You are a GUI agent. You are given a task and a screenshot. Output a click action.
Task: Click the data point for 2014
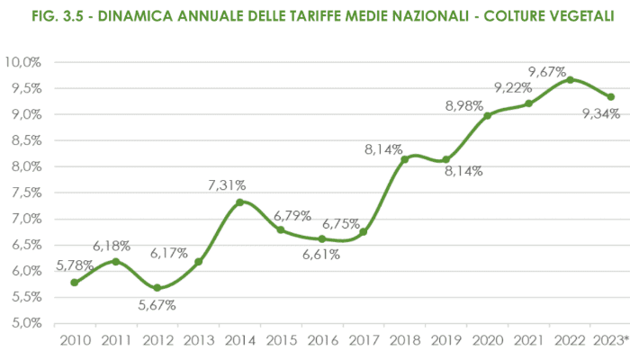click(x=239, y=202)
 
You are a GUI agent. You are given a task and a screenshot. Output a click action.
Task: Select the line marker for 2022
click(x=570, y=80)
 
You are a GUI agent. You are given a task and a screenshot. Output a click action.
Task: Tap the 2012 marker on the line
click(x=157, y=288)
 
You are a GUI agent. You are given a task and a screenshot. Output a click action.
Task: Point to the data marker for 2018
click(x=405, y=159)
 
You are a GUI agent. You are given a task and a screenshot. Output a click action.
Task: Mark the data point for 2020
click(x=488, y=115)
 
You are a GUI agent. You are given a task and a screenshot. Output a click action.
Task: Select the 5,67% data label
click(x=157, y=305)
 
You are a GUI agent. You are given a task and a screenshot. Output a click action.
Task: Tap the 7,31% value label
click(x=227, y=184)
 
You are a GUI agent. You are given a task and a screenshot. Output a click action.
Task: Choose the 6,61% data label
click(x=321, y=255)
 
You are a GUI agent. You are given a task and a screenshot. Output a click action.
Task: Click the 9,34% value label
click(x=600, y=114)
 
